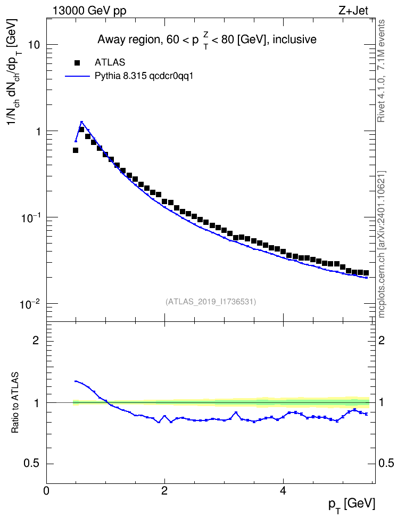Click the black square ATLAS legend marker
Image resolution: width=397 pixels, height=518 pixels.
coord(77,62)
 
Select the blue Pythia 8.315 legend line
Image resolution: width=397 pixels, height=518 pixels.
coord(77,76)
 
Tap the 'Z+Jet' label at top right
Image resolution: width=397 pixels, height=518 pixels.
coord(353,11)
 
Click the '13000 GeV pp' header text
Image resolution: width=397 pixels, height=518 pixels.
coord(89,11)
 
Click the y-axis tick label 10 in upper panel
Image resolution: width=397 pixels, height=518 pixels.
coord(33,45)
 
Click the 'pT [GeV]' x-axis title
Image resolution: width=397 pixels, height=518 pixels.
coord(352,505)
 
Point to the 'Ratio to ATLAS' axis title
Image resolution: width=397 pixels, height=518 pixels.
coord(15,403)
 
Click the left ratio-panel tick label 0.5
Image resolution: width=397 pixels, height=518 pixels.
coord(32,464)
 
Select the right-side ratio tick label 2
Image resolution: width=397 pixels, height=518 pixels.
coord(382,340)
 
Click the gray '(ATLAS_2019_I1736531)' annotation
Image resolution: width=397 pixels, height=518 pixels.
coord(211,302)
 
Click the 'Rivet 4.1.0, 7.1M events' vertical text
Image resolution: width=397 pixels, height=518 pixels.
coord(382,71)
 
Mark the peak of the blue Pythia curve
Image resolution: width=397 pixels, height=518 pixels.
coord(81,122)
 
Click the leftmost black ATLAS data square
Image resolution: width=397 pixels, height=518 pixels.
coord(76,150)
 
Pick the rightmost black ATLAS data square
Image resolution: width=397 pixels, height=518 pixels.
coord(366,273)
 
